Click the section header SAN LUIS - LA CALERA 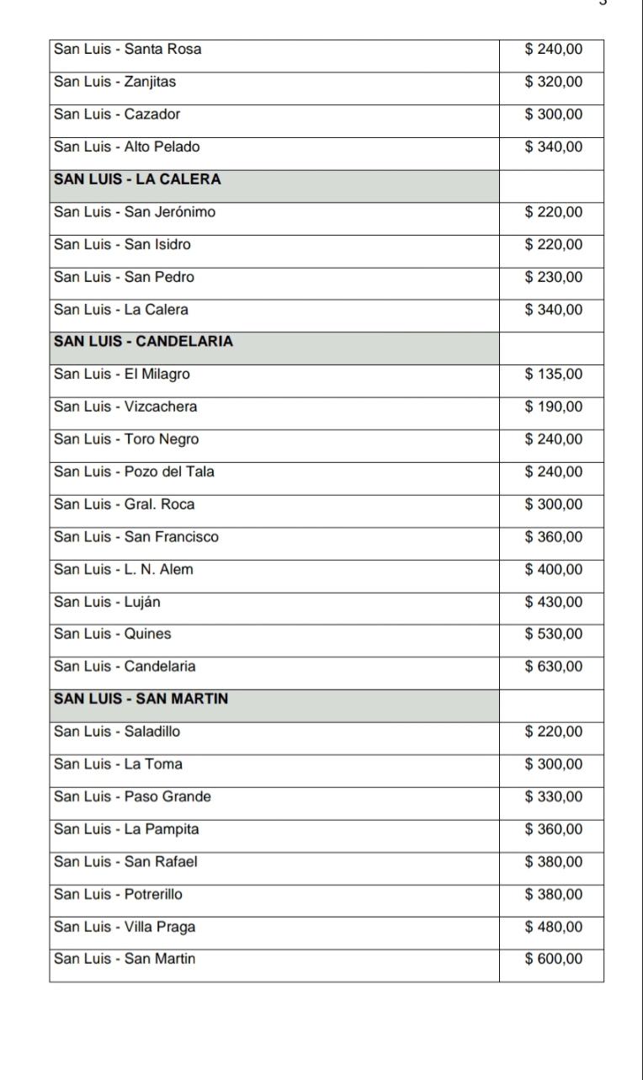pyautogui.click(x=137, y=179)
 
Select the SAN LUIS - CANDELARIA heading pyautogui.click(x=144, y=342)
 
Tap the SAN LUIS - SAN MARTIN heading pyautogui.click(x=141, y=699)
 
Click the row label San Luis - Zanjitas pyautogui.click(x=115, y=82)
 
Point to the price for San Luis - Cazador pyautogui.click(x=553, y=114)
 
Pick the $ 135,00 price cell pyautogui.click(x=553, y=375)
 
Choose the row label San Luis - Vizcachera pyautogui.click(x=125, y=407)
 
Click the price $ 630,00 pyautogui.click(x=553, y=667)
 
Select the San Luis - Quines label pyautogui.click(x=112, y=634)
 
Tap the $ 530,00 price pyautogui.click(x=553, y=634)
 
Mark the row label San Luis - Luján pyautogui.click(x=109, y=602)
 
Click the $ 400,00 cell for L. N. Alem pyautogui.click(x=553, y=570)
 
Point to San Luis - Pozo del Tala pyautogui.click(x=134, y=471)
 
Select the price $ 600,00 pyautogui.click(x=553, y=959)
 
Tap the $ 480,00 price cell pyautogui.click(x=553, y=927)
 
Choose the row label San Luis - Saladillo pyautogui.click(x=117, y=732)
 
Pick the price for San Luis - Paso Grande pyautogui.click(x=553, y=796)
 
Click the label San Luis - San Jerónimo pyautogui.click(x=135, y=212)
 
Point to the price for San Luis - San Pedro pyautogui.click(x=553, y=277)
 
